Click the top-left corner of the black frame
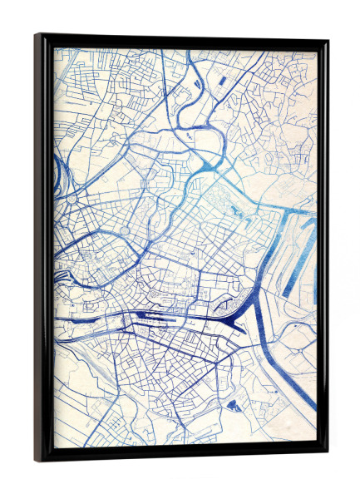37,36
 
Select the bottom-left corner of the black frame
37,459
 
